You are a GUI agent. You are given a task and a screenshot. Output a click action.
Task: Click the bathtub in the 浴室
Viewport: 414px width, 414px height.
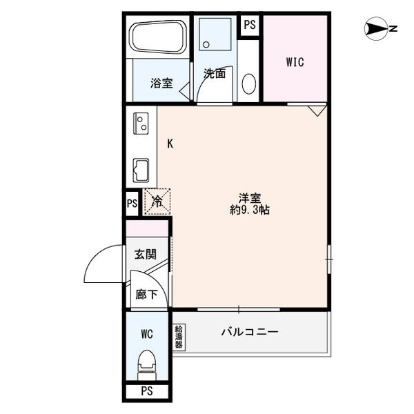point(158,37)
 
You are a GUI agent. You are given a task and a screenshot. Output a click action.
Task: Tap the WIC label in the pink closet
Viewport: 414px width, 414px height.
point(295,62)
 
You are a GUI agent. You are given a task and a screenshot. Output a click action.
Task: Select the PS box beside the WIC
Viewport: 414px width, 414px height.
point(250,26)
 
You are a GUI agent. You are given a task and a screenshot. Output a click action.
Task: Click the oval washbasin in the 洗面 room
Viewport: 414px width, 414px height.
point(248,83)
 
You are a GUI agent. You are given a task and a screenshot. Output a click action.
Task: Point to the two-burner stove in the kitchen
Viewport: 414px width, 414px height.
point(141,124)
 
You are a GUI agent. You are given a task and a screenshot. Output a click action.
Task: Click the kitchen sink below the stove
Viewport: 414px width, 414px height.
point(141,170)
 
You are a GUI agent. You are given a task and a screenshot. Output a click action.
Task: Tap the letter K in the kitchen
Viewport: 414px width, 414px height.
point(170,144)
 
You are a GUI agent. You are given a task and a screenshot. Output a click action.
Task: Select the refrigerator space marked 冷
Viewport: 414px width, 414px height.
point(157,201)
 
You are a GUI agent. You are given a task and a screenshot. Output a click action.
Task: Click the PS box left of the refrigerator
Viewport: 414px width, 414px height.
point(132,204)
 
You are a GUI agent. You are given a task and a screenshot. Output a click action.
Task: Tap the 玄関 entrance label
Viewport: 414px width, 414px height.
point(146,254)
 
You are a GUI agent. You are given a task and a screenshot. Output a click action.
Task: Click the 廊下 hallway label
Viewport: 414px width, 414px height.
point(147,294)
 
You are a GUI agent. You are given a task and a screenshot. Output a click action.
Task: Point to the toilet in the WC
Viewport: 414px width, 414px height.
point(147,364)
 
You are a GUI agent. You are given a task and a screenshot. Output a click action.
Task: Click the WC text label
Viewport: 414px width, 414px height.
point(147,334)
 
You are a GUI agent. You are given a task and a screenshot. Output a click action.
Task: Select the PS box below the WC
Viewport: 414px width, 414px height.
point(147,391)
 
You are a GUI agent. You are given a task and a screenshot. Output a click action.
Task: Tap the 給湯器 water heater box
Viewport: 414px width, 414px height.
point(179,337)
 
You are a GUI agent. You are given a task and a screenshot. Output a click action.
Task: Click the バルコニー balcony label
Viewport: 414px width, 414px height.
point(250,332)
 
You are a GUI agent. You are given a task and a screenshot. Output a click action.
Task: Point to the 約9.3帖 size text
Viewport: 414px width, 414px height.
point(250,210)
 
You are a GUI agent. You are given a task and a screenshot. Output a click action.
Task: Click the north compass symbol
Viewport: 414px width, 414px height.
point(376,29)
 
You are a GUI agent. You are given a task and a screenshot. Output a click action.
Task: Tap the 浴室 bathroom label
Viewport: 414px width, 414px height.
point(161,83)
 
